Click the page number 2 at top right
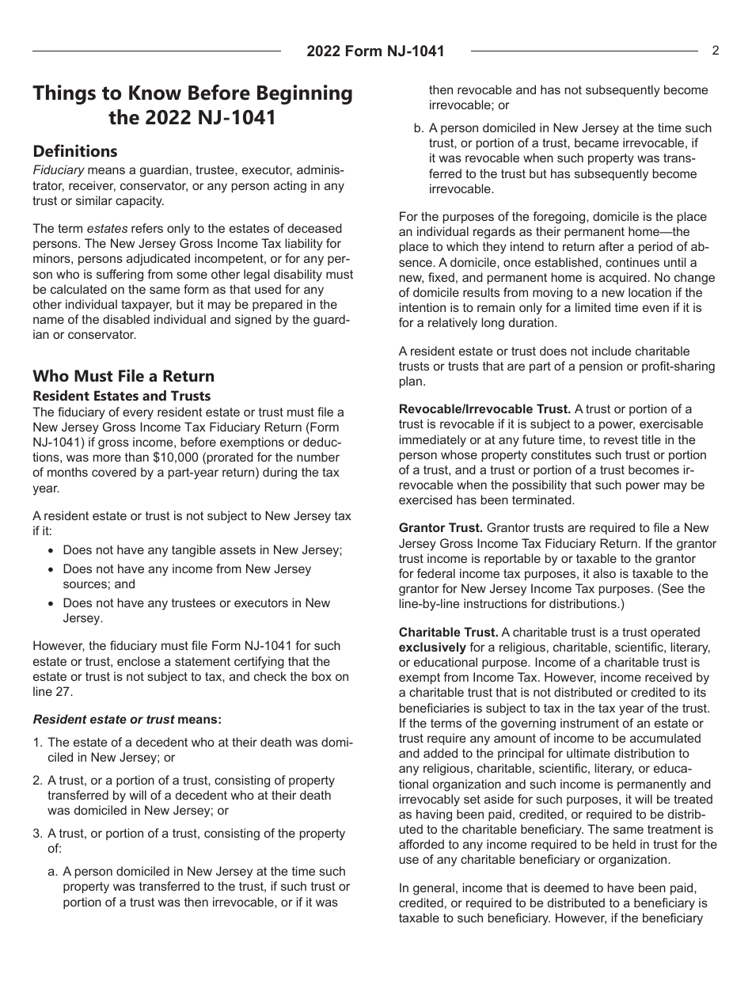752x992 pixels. (716, 51)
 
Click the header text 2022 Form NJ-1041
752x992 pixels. (375, 51)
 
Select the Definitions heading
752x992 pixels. (74, 151)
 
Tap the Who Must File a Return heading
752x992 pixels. (123, 376)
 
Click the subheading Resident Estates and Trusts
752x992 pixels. (121, 396)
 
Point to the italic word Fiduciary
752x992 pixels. (58, 170)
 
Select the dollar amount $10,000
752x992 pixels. (244, 458)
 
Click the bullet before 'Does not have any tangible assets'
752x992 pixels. (51, 550)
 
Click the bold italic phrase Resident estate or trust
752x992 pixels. (103, 720)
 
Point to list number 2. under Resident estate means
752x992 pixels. (37, 781)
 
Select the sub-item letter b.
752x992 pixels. (418, 128)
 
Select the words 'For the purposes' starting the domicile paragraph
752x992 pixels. (443, 217)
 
